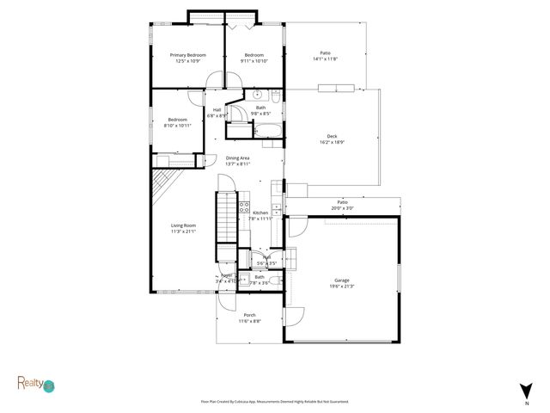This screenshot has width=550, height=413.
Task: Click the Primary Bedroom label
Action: (x=187, y=55)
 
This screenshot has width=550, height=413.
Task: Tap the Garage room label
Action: (x=342, y=280)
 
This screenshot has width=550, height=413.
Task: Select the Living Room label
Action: (x=183, y=225)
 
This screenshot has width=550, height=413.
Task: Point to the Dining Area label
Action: (x=238, y=158)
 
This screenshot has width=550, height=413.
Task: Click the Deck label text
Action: (x=332, y=136)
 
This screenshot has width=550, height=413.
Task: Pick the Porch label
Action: (x=249, y=315)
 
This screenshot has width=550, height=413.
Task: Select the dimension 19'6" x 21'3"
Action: (x=342, y=287)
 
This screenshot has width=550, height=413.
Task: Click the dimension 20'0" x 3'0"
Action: (x=342, y=207)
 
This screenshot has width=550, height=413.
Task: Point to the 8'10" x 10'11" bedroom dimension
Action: (x=178, y=126)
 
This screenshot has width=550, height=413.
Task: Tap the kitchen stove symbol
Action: (x=244, y=207)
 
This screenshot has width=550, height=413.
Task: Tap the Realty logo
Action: (x=35, y=383)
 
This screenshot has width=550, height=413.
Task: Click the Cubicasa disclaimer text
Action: (x=275, y=402)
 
